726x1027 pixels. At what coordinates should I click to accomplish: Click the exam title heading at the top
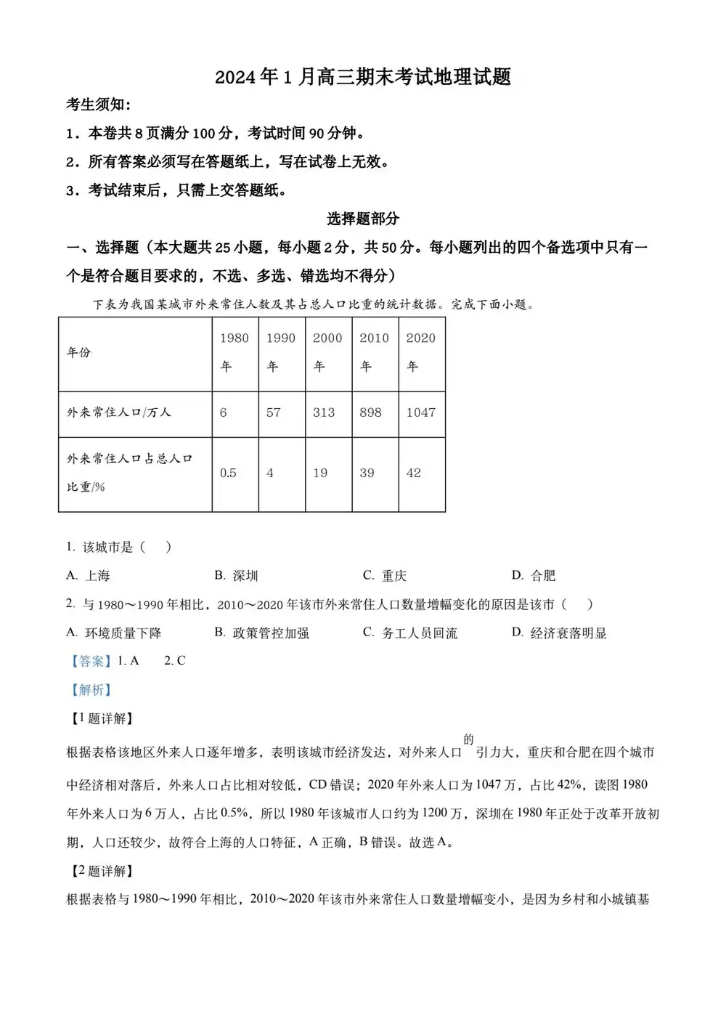tap(363, 77)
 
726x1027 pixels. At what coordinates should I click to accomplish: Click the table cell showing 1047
tap(420, 413)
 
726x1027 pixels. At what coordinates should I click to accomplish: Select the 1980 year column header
tap(234, 352)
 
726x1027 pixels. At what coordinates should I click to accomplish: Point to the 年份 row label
tap(79, 352)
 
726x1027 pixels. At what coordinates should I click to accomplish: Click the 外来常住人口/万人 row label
tap(119, 413)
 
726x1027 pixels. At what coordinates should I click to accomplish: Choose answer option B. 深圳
tap(237, 576)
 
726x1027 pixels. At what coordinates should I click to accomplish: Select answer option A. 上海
tap(88, 576)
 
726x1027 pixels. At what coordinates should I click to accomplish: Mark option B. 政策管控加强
tap(262, 633)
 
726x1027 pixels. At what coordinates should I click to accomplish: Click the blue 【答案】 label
tap(91, 661)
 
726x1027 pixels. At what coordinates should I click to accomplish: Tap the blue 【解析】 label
tap(91, 690)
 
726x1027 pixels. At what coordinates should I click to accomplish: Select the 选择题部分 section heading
tap(363, 219)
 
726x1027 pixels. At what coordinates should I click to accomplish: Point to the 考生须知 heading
tap(99, 105)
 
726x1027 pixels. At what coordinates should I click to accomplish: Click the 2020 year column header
tap(420, 352)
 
